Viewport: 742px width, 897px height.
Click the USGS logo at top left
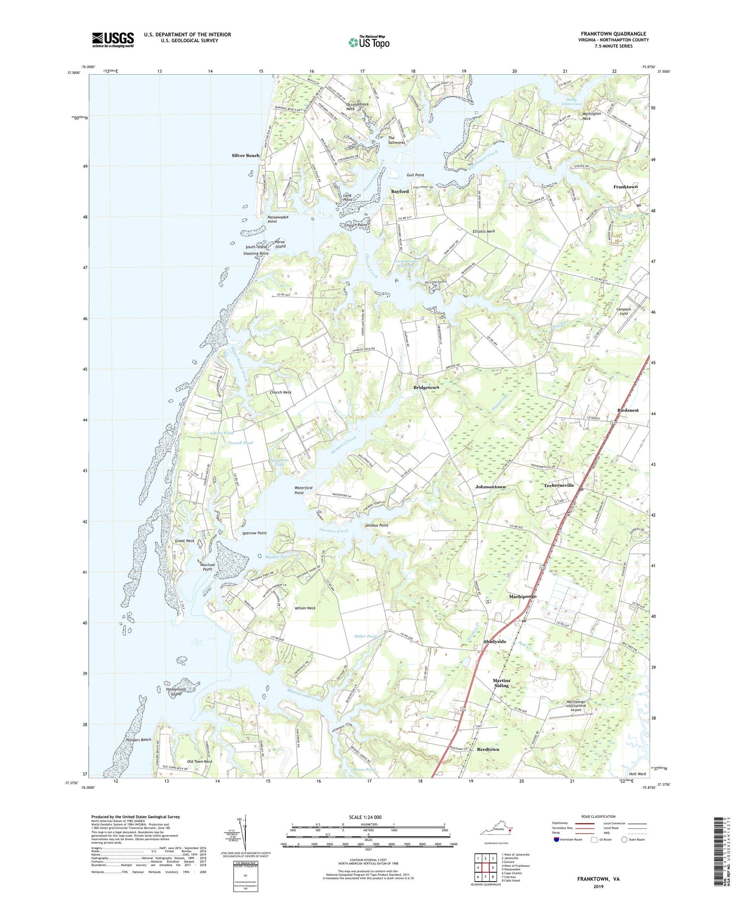point(113,40)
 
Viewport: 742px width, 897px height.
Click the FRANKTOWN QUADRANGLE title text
point(615,34)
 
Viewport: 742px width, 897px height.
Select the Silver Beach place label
point(245,155)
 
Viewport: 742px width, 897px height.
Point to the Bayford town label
point(400,191)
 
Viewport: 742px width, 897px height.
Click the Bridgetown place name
point(426,387)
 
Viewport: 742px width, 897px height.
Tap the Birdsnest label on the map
point(628,410)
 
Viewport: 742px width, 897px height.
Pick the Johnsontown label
point(490,487)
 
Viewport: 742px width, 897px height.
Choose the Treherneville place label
point(559,485)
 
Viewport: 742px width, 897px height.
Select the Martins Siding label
point(501,683)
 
